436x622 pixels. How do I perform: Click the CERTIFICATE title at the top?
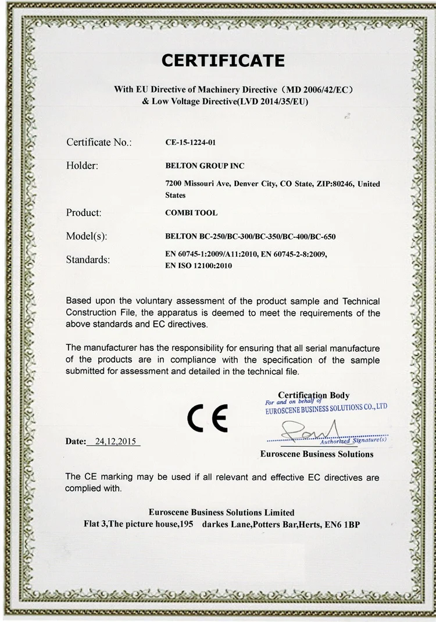coord(223,60)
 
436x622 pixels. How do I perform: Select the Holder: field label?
coord(82,166)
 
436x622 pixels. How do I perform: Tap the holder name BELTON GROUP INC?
coord(205,166)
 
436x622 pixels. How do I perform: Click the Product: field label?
coord(84,213)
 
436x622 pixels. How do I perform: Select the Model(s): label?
coord(87,236)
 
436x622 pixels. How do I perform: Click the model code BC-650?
coord(323,236)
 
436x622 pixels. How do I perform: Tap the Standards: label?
coord(88,260)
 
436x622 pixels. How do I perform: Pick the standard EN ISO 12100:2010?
coord(199,265)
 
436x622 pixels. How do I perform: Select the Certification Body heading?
coord(313,395)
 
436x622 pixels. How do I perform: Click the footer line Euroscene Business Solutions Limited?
coord(221,513)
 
